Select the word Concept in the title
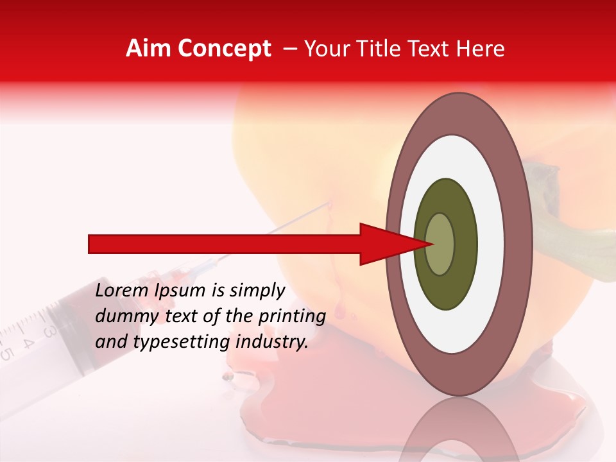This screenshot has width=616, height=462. coord(225,49)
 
